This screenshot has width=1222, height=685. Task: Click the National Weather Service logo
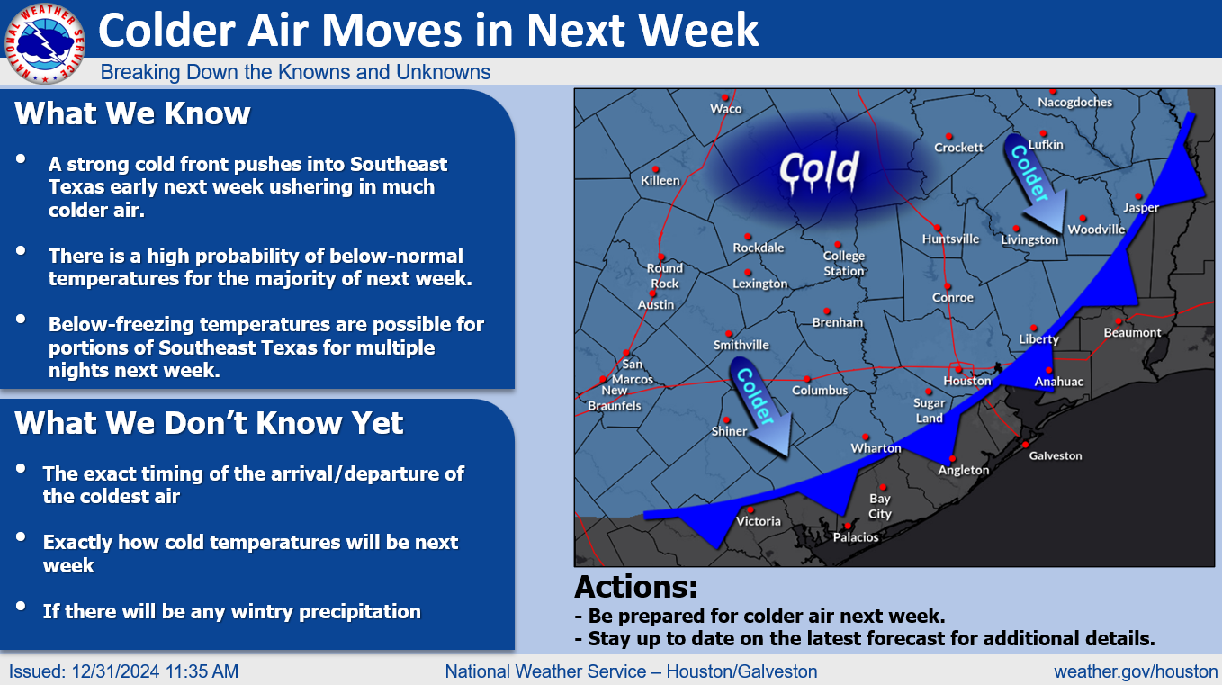tap(45, 44)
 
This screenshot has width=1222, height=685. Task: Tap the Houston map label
tap(967, 381)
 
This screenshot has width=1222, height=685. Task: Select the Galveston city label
tap(1055, 455)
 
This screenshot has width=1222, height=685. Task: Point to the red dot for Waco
tap(725, 98)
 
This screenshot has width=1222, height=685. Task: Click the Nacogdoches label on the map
tap(1074, 102)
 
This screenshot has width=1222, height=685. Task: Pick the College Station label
tap(844, 263)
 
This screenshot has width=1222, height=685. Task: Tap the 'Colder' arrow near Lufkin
tap(1034, 183)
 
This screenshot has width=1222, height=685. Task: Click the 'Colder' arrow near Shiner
tap(760, 406)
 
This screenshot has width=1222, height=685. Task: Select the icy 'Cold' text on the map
tap(819, 170)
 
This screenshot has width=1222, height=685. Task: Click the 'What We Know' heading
tap(132, 113)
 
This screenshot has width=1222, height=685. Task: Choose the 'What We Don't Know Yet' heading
tap(209, 423)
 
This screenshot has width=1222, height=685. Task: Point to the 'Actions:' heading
tap(636, 587)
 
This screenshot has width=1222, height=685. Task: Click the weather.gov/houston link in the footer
tap(1137, 671)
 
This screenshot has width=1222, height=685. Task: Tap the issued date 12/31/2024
tap(115, 671)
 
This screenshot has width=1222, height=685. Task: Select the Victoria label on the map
tap(759, 521)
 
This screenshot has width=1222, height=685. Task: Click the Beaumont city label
tap(1133, 332)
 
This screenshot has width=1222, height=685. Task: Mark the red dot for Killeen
tap(656, 169)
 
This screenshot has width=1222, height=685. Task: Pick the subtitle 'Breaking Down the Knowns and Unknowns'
tap(295, 72)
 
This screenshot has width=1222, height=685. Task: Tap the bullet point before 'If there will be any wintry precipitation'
tap(21, 606)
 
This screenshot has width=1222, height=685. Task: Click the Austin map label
tap(656, 304)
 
